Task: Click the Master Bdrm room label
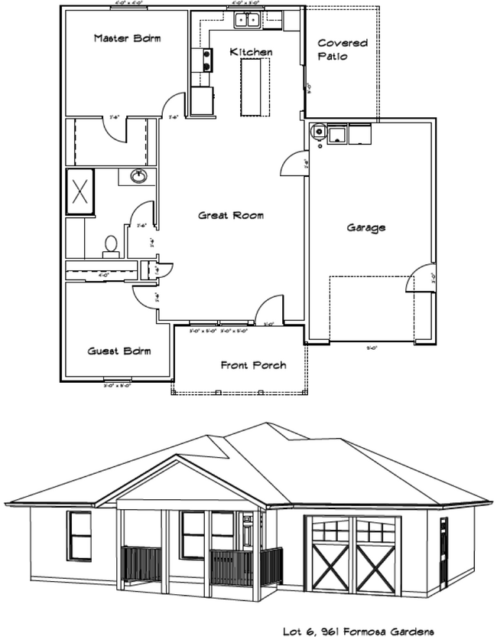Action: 127,38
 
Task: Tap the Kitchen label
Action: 251,52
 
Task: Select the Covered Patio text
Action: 342,50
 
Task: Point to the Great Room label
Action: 231,216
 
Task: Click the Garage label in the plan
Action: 366,227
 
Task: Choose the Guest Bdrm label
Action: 119,351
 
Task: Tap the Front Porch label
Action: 253,365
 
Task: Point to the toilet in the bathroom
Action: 111,244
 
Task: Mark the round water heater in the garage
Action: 317,131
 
